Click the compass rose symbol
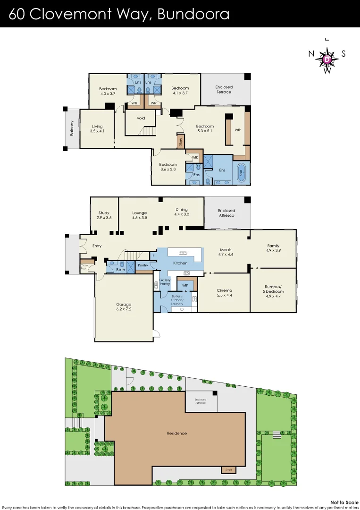(x=327, y=59)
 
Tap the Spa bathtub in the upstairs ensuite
(x=243, y=173)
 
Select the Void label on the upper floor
(x=141, y=118)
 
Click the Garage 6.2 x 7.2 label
(x=124, y=307)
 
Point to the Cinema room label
(x=224, y=293)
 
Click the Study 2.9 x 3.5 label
(x=104, y=215)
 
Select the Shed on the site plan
(x=228, y=470)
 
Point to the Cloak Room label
(x=85, y=267)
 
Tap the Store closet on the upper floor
(x=180, y=141)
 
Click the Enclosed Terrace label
(x=224, y=89)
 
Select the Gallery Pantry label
(x=165, y=282)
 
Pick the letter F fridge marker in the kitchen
(x=153, y=255)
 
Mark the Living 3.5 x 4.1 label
(x=97, y=128)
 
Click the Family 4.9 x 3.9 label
(x=273, y=248)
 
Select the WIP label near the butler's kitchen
(x=184, y=285)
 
